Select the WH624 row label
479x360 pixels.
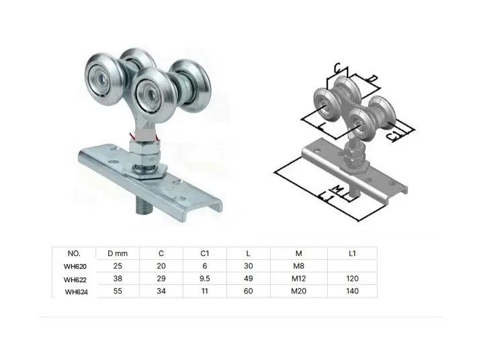pyautogui.click(x=77, y=291)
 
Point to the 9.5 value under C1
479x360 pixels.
pyautogui.click(x=205, y=278)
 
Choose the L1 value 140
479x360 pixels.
pyautogui.click(x=351, y=291)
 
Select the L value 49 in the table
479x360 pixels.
pyautogui.click(x=249, y=278)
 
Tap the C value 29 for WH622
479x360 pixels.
pyautogui.click(x=161, y=278)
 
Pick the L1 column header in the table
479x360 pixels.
pyautogui.click(x=351, y=253)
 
